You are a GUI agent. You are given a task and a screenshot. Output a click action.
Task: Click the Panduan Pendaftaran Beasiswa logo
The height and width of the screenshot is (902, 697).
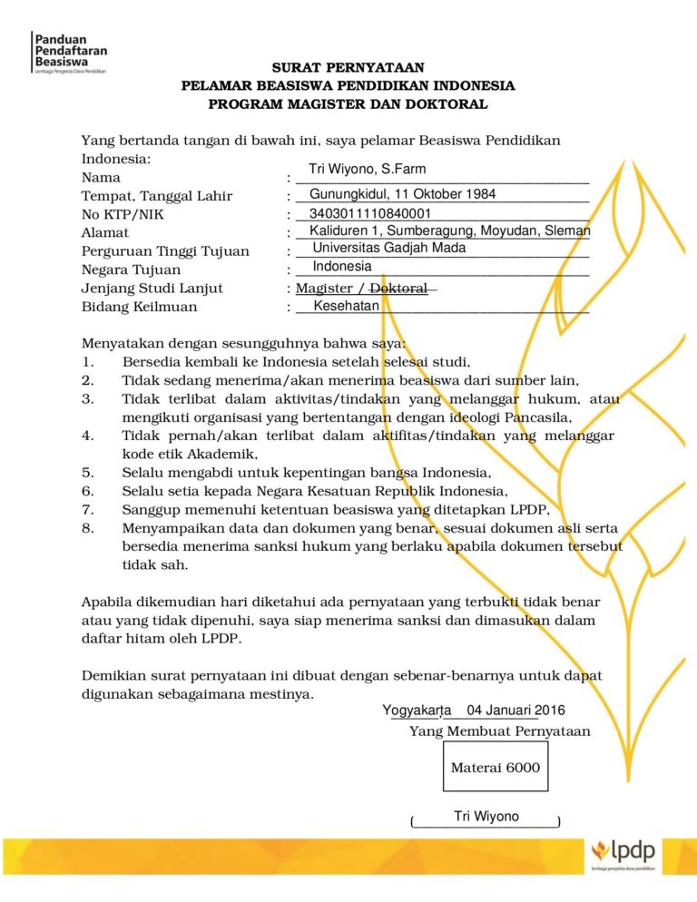point(69,53)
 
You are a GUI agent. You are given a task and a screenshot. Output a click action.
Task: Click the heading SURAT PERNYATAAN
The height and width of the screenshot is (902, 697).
point(348,68)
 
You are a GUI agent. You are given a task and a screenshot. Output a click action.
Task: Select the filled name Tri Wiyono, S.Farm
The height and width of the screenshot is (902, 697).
point(367,170)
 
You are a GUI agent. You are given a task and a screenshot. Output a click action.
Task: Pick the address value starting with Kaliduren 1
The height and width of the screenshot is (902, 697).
point(449,231)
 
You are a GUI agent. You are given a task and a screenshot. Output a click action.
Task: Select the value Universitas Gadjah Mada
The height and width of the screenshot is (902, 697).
point(389,249)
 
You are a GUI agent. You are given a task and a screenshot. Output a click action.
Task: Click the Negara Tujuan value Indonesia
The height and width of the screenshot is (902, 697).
point(342,267)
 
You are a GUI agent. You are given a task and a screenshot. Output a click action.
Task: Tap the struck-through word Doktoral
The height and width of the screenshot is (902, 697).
point(398,289)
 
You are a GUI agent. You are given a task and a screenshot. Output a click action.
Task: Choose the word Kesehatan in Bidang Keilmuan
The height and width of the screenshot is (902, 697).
point(346,307)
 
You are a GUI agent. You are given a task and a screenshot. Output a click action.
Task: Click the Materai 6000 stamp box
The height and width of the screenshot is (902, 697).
point(495,768)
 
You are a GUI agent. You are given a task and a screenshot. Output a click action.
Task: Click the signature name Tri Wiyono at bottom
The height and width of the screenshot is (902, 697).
point(486,817)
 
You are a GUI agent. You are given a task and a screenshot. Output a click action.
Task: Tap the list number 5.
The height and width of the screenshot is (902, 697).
point(87,473)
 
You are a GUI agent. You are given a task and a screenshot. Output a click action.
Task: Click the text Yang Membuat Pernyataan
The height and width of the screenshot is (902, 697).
point(499,731)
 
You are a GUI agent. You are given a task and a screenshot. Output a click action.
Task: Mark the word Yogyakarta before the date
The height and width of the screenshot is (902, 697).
point(417,710)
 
